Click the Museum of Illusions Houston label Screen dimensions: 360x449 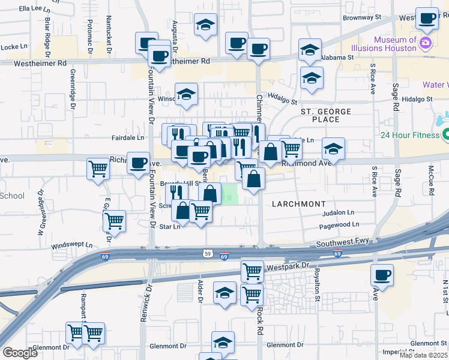(x=395, y=44)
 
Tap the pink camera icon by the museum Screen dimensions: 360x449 (x=426, y=42)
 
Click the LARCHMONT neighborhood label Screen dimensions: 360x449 (x=298, y=204)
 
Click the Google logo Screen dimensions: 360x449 (x=20, y=353)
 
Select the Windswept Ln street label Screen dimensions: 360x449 (x=72, y=245)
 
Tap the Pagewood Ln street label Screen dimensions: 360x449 (x=339, y=224)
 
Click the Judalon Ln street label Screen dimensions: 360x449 (x=339, y=212)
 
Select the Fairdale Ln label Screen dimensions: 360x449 (x=128, y=137)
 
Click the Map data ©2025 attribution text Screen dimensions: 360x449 (x=424, y=355)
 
